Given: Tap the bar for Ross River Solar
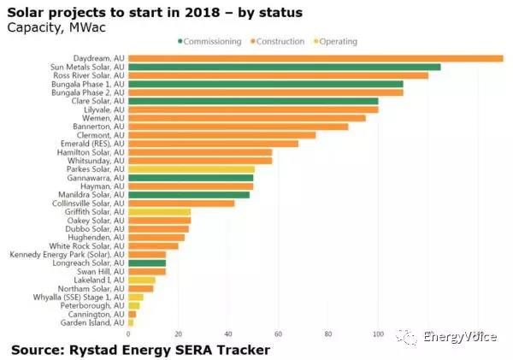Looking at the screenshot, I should [278, 75].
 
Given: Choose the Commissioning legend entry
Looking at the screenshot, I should [209, 41].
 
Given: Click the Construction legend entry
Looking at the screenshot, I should [282, 41].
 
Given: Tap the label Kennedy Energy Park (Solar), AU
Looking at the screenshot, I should [67, 254].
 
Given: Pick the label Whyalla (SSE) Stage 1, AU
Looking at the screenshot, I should [77, 297].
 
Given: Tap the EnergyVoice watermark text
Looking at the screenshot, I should [463, 337].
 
